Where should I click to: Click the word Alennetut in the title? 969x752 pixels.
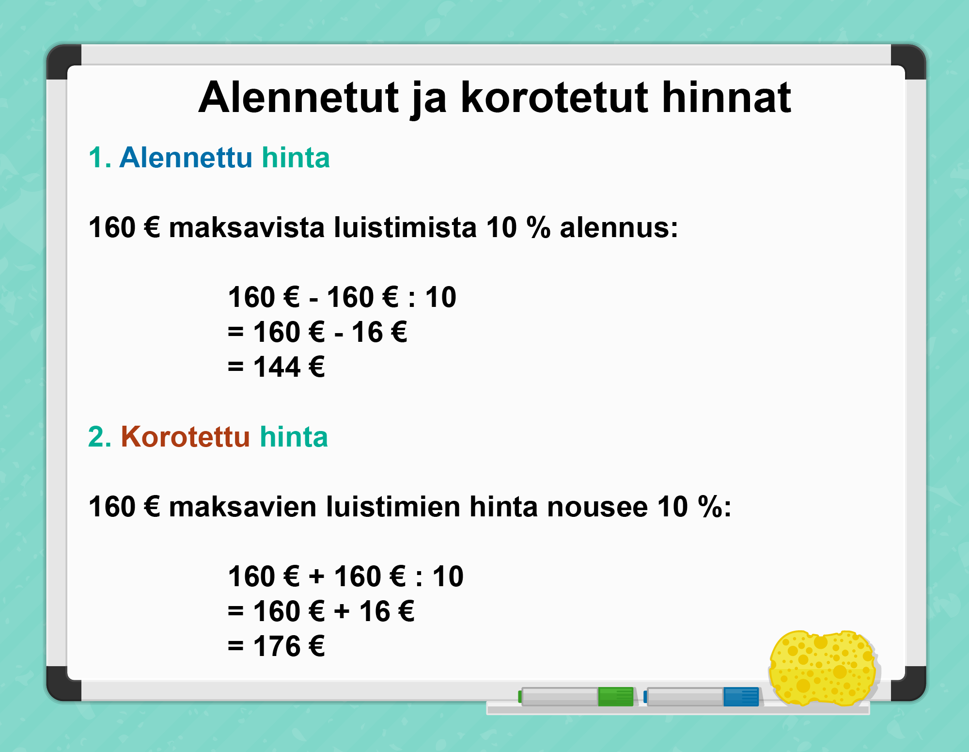click(299, 97)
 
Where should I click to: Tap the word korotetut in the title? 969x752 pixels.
click(554, 97)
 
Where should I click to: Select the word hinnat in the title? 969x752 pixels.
click(726, 97)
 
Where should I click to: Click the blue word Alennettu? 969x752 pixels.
click(186, 158)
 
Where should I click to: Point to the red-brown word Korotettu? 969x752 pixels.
click(185, 436)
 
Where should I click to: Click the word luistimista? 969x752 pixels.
click(406, 227)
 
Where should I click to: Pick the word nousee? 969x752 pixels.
click(597, 507)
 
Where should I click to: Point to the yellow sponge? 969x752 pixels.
click(823, 668)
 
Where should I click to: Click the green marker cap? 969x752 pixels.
click(616, 697)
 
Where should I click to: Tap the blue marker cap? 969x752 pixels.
click(741, 697)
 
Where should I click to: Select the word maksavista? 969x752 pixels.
click(247, 227)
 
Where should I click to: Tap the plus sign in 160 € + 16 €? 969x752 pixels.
click(342, 611)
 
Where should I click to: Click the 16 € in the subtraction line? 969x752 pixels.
click(379, 332)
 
